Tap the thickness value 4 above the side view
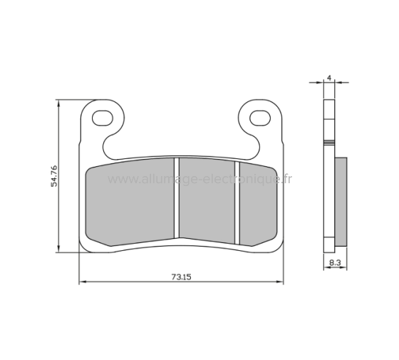[329, 76]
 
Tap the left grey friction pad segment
[131, 202]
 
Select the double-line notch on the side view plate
[328, 144]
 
